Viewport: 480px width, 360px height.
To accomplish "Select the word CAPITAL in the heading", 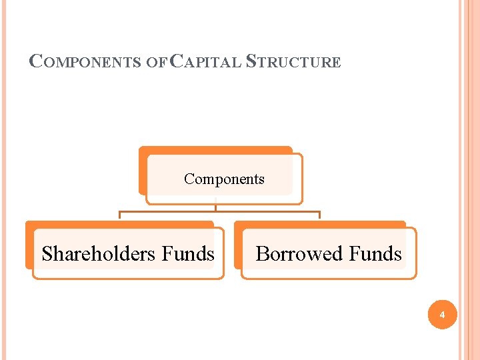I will click(x=206, y=63).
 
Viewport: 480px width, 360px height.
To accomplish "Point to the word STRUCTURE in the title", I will click(x=293, y=63).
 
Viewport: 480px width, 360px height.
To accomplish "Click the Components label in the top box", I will click(x=224, y=179).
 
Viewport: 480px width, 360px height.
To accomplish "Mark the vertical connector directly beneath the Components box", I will click(x=216, y=207).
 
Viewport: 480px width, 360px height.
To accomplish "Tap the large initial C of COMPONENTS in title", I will click(x=37, y=62).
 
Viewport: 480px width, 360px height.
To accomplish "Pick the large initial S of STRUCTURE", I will click(x=251, y=62).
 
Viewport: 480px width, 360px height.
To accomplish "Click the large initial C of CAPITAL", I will click(x=177, y=62).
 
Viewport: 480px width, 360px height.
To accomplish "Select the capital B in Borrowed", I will click(x=263, y=253).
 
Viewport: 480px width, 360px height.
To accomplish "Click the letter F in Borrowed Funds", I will click(x=355, y=253).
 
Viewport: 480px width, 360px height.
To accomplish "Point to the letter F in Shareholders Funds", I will click(x=167, y=253).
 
